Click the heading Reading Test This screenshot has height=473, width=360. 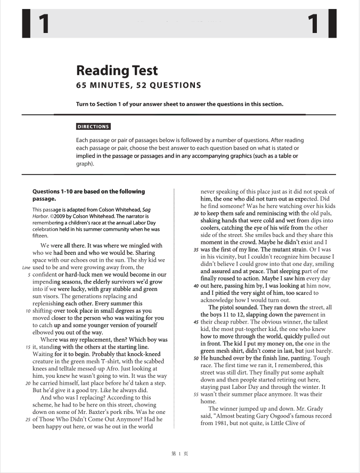117,70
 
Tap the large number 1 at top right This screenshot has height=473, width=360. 314,24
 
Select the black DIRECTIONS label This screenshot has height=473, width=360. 93,127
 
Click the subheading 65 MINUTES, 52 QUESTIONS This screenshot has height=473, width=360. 138,85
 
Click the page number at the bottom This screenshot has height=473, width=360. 177,453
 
